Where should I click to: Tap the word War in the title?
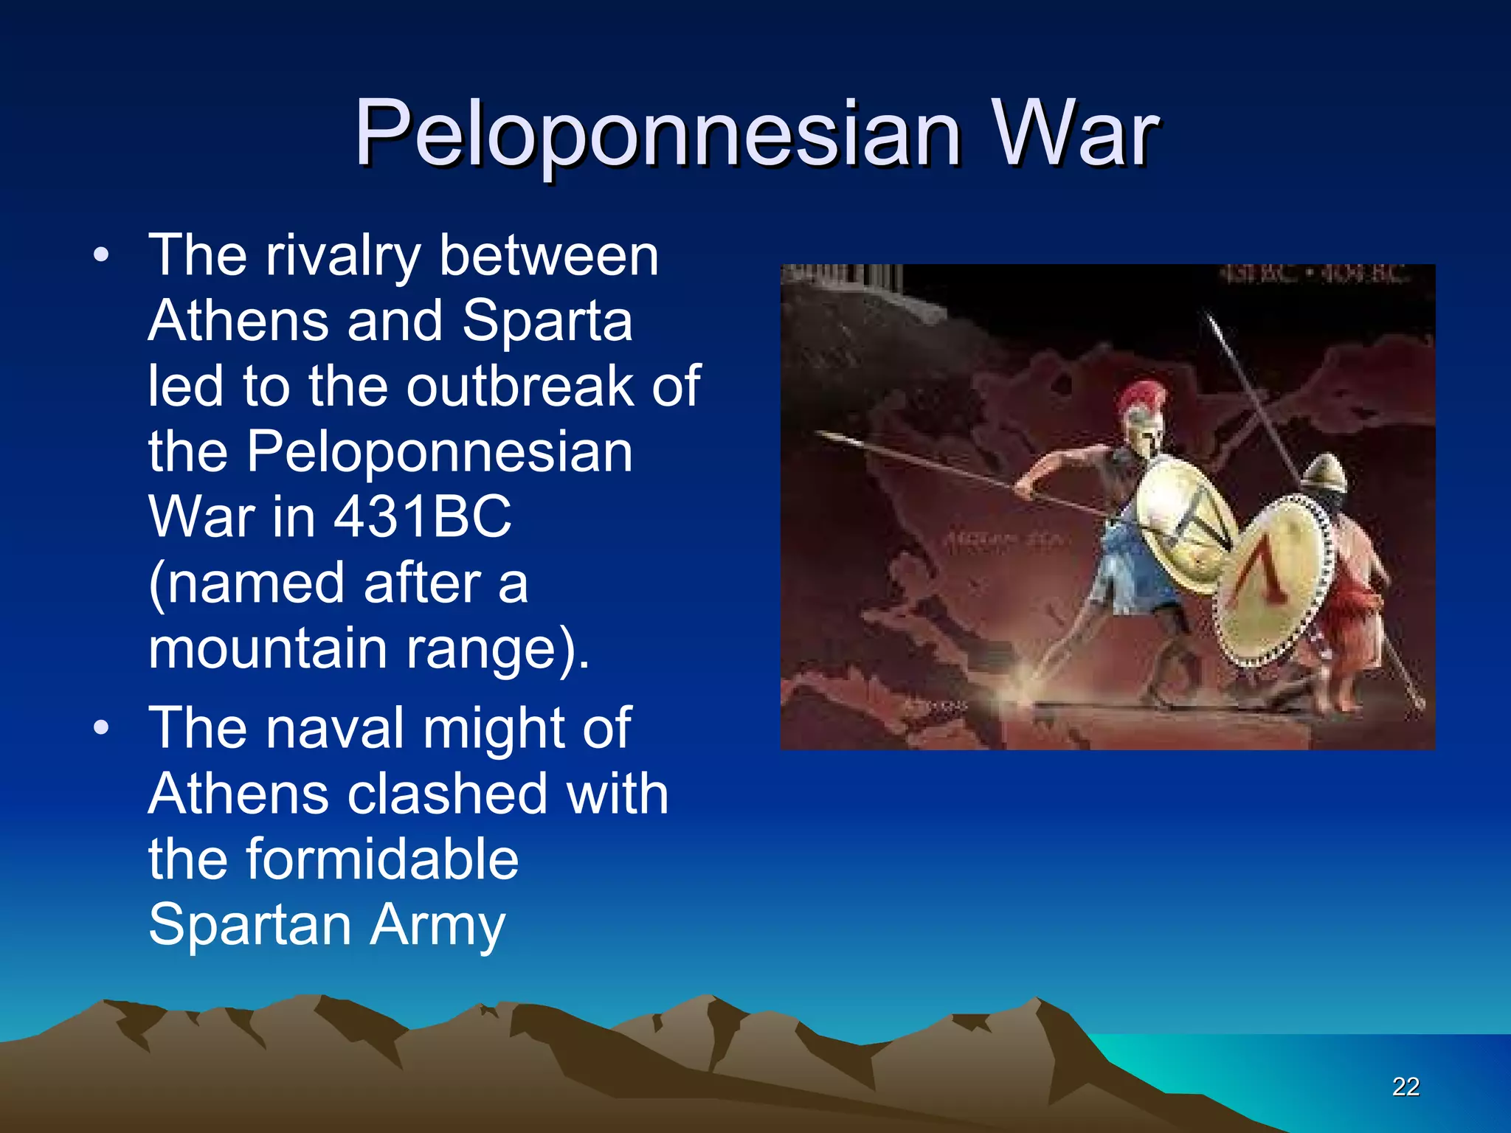coord(1074,134)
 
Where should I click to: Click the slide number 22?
coord(1405,1087)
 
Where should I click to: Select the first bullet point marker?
coord(101,256)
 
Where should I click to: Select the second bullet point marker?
coord(101,728)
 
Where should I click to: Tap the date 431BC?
coord(422,516)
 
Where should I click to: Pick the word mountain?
coord(268,648)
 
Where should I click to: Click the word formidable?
coord(382,859)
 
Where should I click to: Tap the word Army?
coord(438,924)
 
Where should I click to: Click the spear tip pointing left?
coord(830,437)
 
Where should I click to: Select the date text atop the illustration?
coord(1313,275)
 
